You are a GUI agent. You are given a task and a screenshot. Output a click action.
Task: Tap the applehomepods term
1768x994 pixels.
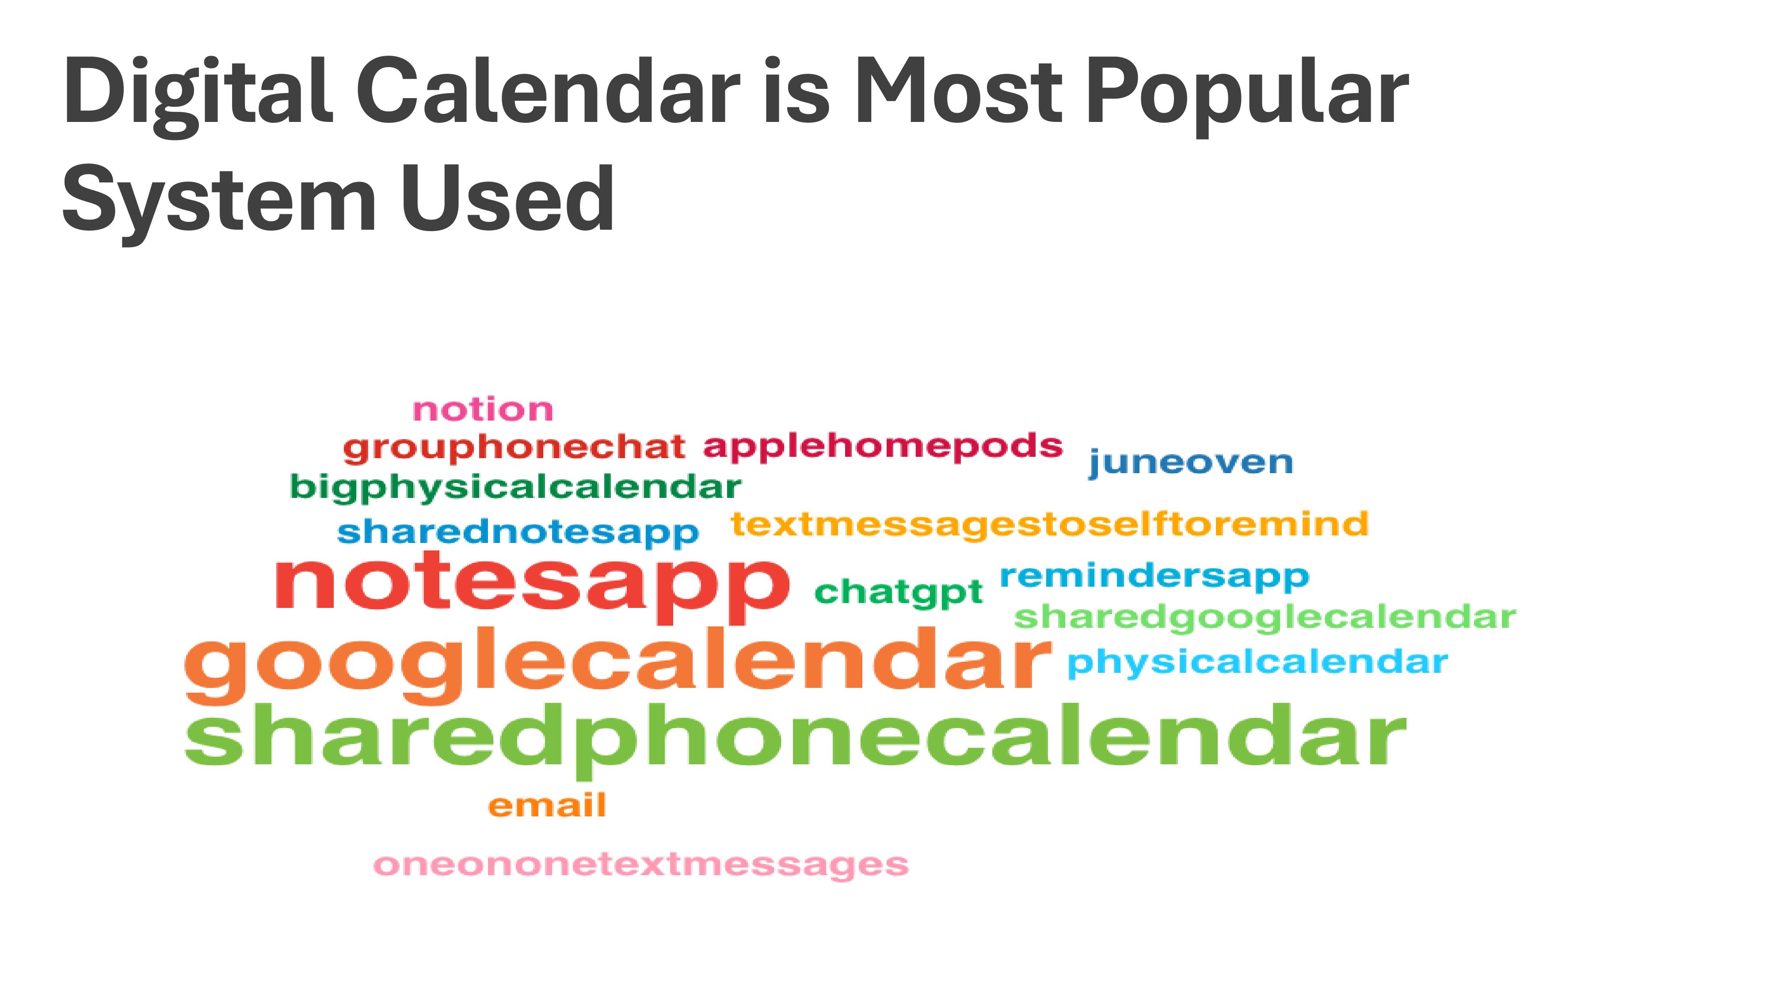pos(883,447)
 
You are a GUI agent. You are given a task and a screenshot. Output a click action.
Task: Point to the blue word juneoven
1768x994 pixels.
pos(1191,463)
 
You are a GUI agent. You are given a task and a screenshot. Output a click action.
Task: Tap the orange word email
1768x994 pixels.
pos(547,805)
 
